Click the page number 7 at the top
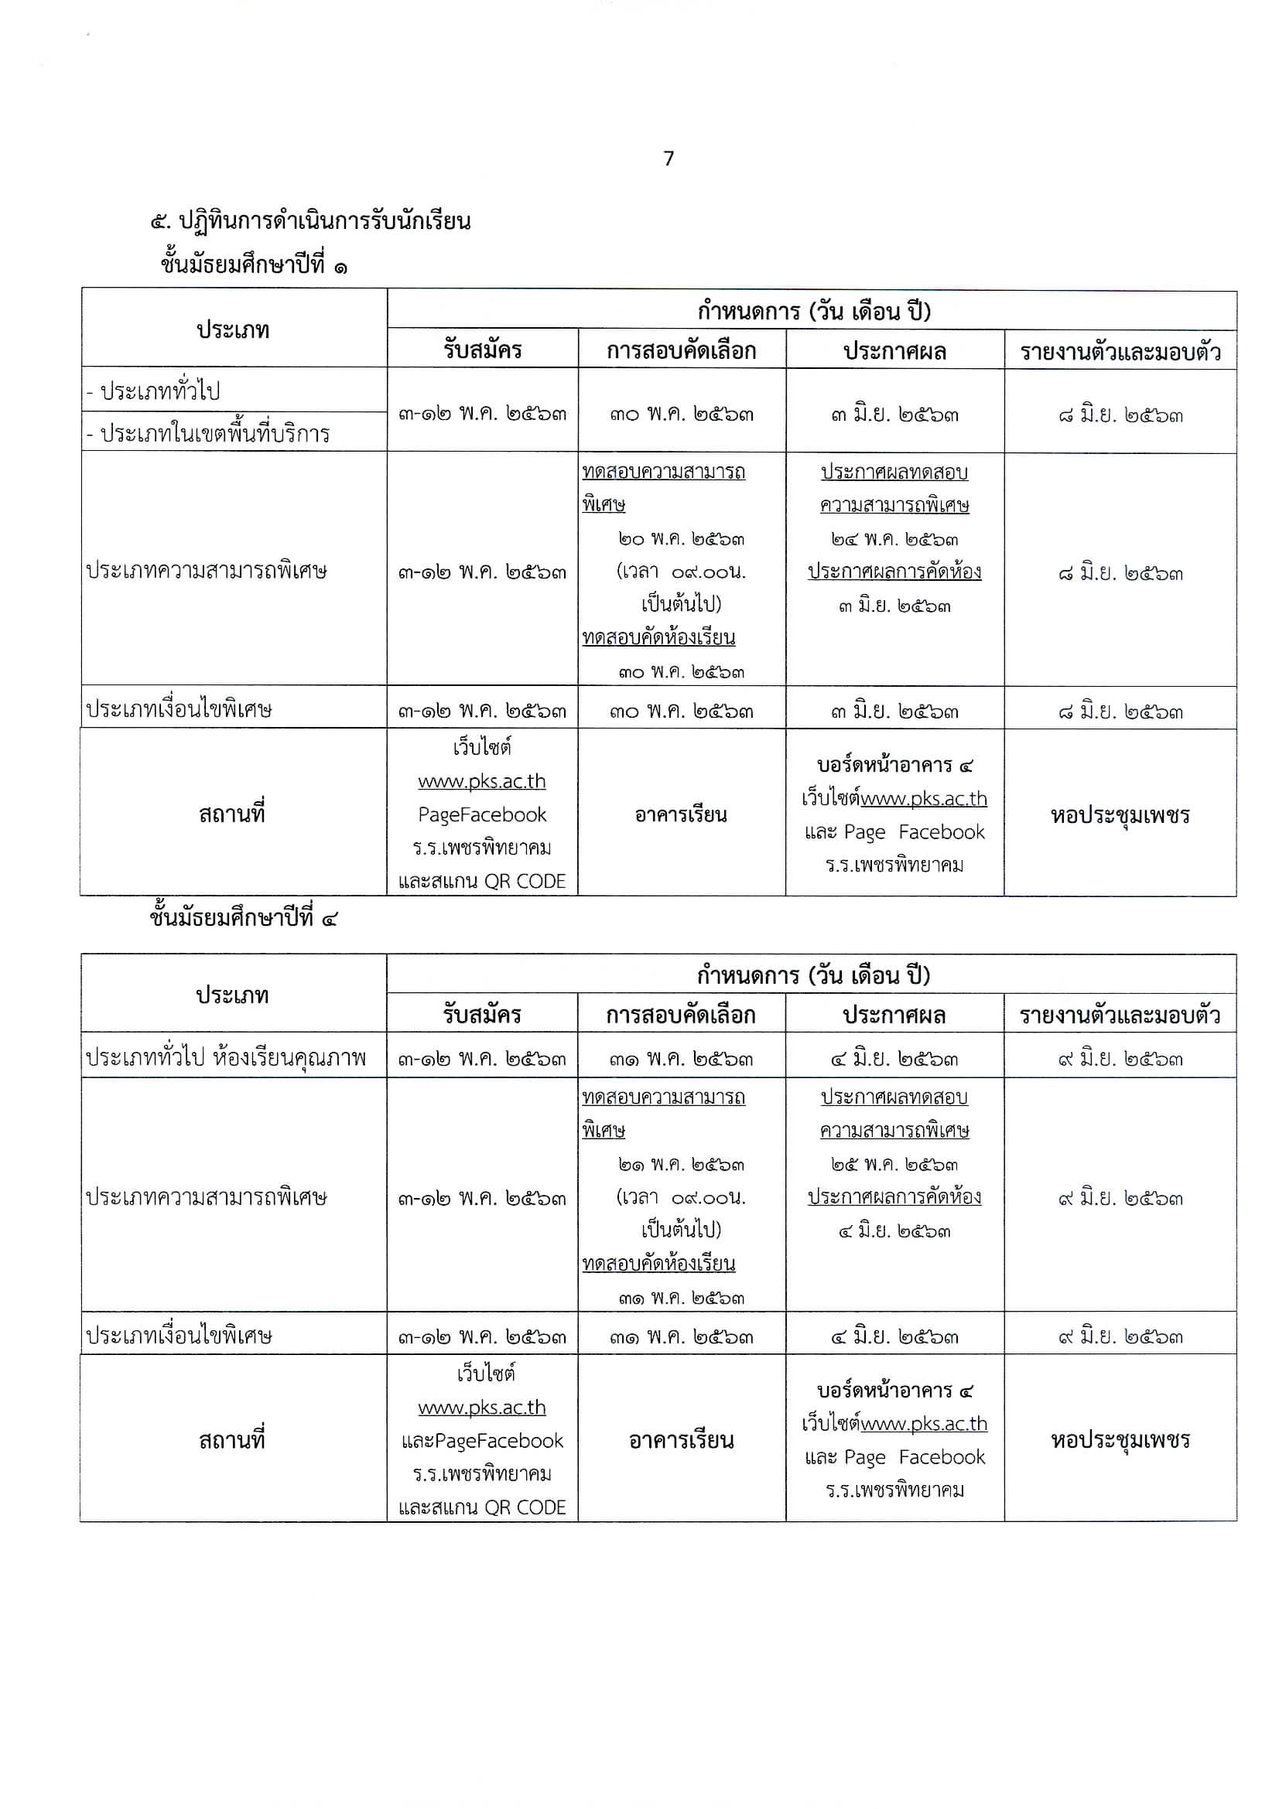point(669,159)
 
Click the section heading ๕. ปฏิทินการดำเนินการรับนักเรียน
point(310,220)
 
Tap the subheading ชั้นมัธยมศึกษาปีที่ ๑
point(253,265)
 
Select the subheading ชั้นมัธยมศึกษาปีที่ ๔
point(243,918)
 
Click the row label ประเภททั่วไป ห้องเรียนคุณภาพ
point(225,1057)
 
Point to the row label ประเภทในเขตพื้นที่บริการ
point(208,433)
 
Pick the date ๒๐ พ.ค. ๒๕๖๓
point(681,540)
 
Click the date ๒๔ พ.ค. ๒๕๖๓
point(894,540)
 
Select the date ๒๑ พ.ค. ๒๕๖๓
point(681,1165)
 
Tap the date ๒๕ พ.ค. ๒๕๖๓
point(894,1165)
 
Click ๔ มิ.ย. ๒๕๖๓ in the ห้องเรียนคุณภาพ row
point(894,1059)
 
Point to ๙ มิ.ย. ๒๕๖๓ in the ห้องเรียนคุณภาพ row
point(1120,1059)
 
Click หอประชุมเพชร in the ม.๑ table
point(1120,814)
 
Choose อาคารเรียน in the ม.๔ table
point(681,1440)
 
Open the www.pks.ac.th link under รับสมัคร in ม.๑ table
point(481,781)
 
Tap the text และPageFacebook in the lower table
point(481,1441)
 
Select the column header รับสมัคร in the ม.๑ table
point(481,350)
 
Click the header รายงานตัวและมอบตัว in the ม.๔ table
point(1120,1015)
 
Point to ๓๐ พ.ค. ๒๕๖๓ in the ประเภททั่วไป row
point(681,414)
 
